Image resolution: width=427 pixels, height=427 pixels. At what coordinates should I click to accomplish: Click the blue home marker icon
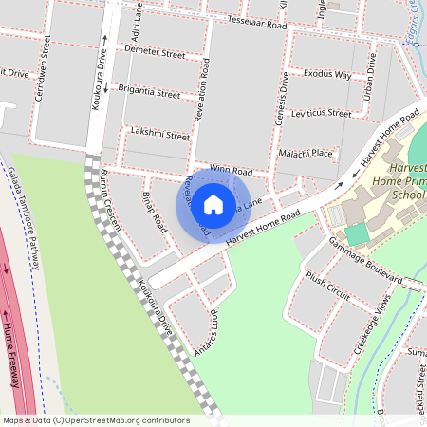pyautogui.click(x=213, y=204)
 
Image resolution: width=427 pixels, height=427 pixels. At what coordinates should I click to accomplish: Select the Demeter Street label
pyautogui.click(x=155, y=54)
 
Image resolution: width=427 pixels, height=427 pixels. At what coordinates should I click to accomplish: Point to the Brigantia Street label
pyautogui.click(x=149, y=94)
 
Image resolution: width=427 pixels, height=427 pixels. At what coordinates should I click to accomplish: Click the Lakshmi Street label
pyautogui.click(x=160, y=135)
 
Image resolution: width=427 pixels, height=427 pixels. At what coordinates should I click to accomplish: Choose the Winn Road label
pyautogui.click(x=232, y=169)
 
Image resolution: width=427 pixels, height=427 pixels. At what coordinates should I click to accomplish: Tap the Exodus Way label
pyautogui.click(x=326, y=73)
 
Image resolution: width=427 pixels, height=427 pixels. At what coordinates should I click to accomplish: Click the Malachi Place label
pyautogui.click(x=306, y=153)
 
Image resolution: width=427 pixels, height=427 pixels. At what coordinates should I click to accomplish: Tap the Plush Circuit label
pyautogui.click(x=328, y=288)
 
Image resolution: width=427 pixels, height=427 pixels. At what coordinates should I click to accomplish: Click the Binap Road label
pyautogui.click(x=154, y=211)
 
